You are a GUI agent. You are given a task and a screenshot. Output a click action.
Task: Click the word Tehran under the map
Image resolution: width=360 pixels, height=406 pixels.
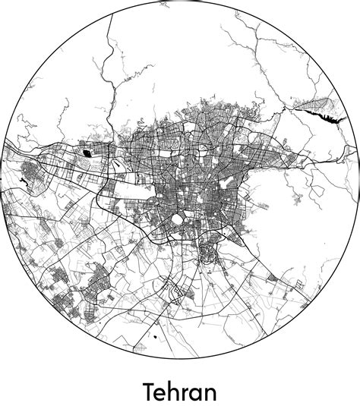click(179, 392)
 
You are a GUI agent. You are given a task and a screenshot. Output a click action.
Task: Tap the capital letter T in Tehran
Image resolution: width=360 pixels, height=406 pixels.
click(149, 392)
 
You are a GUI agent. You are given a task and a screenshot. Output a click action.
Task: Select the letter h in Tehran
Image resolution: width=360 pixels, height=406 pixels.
click(174, 392)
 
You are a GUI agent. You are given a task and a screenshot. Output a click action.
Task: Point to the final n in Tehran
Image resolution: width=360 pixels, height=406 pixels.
click(210, 394)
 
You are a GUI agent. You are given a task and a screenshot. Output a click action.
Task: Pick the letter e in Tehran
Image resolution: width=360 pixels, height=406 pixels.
click(160, 395)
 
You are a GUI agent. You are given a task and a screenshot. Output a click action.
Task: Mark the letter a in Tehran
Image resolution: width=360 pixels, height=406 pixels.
click(197, 395)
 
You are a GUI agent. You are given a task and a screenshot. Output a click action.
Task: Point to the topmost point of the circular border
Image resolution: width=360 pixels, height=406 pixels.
click(180, 5)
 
